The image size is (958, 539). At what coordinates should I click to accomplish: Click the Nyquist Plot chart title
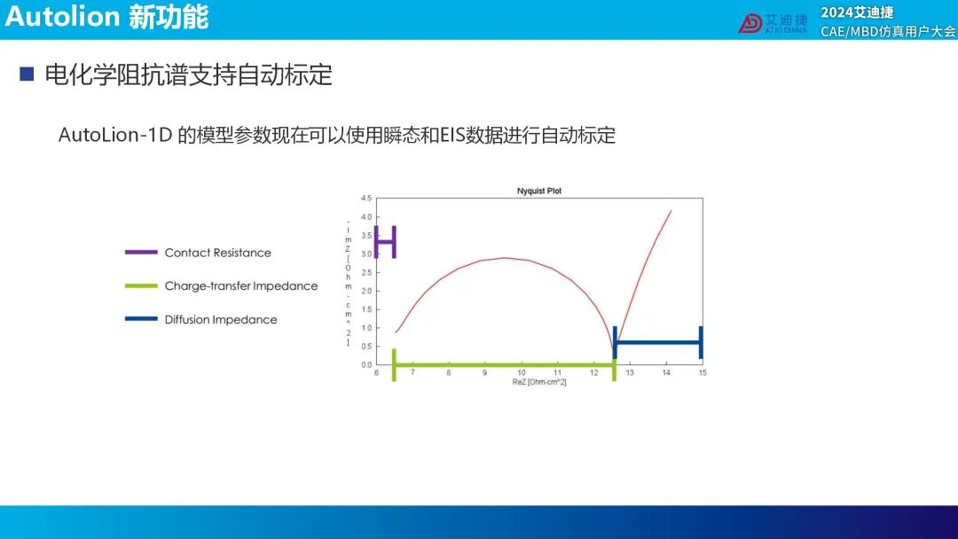(539, 191)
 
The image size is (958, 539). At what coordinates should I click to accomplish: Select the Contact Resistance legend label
(217, 253)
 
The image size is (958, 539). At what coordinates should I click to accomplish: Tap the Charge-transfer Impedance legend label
(240, 285)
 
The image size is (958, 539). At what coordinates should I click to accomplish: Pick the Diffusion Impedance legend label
(221, 319)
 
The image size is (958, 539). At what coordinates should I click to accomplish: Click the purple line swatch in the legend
(141, 252)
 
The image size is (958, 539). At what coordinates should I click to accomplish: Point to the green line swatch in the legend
(141, 285)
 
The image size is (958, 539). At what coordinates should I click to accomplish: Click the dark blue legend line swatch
(141, 318)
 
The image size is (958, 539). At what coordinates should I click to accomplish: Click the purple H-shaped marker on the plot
(385, 242)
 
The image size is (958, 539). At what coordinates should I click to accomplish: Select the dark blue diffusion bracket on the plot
(658, 342)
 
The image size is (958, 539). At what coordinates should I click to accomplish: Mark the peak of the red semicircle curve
(504, 258)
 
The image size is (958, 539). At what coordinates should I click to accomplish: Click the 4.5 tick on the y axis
(366, 199)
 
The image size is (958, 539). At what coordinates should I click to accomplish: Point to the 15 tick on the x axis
(703, 372)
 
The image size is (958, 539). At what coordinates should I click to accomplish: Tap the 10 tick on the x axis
(522, 372)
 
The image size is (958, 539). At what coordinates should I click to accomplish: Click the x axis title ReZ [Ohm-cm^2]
(539, 382)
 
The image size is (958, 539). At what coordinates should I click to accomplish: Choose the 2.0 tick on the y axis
(366, 291)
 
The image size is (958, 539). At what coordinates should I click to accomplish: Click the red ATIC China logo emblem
(750, 23)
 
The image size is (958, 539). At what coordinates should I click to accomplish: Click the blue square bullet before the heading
(27, 74)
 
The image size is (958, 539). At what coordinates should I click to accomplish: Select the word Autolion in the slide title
(62, 17)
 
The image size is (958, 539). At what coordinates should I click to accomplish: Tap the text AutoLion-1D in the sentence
(115, 135)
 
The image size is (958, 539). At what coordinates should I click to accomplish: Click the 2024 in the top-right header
(836, 12)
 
